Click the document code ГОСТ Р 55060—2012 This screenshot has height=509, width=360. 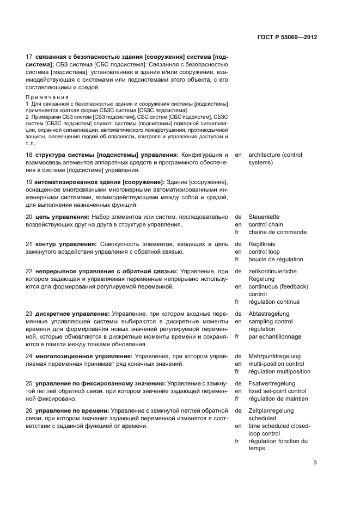[x=286, y=38]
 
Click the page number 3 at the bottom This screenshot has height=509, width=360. [x=315, y=463]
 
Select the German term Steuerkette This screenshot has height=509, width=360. [x=264, y=217]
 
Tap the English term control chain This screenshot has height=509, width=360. [x=266, y=224]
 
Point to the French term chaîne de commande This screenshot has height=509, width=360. [x=277, y=232]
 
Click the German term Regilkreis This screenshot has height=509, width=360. [x=262, y=244]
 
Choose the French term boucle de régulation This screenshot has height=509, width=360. [x=276, y=259]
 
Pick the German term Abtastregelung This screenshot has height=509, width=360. [x=269, y=314]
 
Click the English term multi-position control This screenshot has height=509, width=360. [x=276, y=364]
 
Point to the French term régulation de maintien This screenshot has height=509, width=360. [x=278, y=398]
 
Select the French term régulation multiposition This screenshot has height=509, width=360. [x=279, y=371]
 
